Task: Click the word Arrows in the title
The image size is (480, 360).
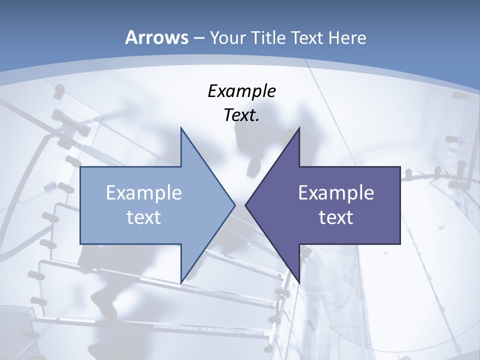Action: pyautogui.click(x=156, y=37)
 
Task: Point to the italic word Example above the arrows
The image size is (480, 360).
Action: pyautogui.click(x=241, y=91)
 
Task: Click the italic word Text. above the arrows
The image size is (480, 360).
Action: pyautogui.click(x=241, y=115)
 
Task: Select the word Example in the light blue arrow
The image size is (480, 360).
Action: pyautogui.click(x=144, y=192)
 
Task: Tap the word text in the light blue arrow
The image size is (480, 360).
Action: pyautogui.click(x=144, y=217)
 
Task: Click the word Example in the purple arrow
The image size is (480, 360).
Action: pyautogui.click(x=336, y=192)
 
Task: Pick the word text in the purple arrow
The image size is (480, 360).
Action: pyautogui.click(x=336, y=217)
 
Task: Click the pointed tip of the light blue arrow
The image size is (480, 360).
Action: pyautogui.click(x=234, y=205)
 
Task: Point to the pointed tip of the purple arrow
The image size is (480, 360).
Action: pyautogui.click(x=245, y=205)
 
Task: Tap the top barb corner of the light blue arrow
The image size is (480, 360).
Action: pyautogui.click(x=181, y=128)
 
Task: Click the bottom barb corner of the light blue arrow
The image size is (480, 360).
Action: pyautogui.click(x=181, y=282)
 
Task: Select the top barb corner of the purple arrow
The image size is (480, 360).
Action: pyautogui.click(x=299, y=128)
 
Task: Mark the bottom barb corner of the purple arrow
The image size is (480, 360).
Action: pyautogui.click(x=299, y=282)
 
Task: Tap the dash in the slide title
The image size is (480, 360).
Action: pyautogui.click(x=198, y=38)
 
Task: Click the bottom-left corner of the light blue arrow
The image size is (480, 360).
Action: pyautogui.click(x=80, y=244)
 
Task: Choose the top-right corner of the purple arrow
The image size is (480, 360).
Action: pyautogui.click(x=400, y=167)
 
